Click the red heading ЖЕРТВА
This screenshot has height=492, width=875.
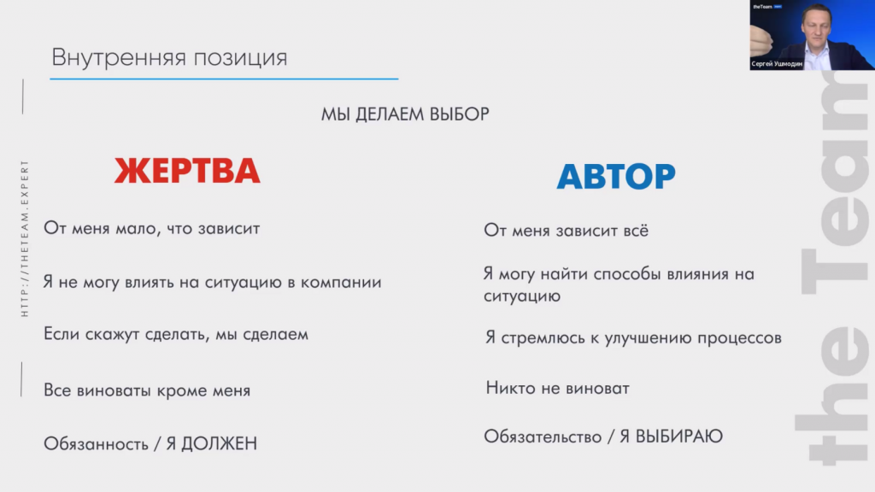point(187,171)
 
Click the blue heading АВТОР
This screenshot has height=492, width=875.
point(616,176)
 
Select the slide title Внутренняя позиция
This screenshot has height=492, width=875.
point(170,57)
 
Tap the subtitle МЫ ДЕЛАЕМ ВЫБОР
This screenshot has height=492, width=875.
point(405,114)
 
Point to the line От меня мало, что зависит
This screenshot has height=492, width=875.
point(152,228)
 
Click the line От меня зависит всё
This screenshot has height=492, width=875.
point(566,230)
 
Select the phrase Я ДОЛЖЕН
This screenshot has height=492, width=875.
point(212,443)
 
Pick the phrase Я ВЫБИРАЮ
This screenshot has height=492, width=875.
point(672,436)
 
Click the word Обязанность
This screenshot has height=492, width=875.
point(96,444)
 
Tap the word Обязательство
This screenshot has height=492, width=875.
point(543,436)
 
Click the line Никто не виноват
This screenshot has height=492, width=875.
point(557,388)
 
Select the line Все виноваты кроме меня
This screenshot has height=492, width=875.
point(147,390)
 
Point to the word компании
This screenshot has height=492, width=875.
point(341,282)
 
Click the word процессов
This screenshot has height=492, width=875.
point(739,338)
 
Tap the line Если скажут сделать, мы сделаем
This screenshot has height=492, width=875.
point(176,334)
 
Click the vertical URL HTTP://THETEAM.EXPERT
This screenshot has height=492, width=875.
point(25,239)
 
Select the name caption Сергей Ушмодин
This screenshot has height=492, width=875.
point(777,63)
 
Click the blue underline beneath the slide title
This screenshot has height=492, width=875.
point(224,79)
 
